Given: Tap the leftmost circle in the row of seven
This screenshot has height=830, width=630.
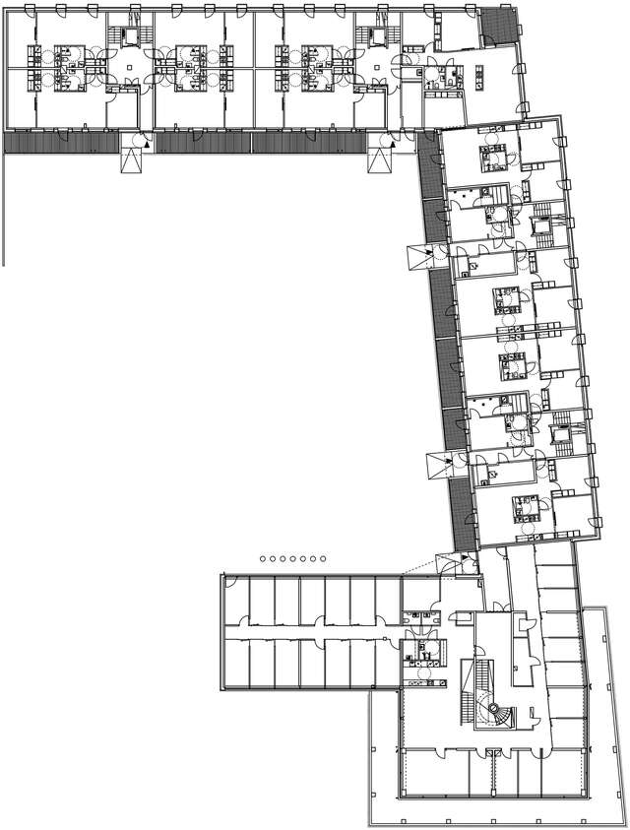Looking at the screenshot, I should click(263, 558).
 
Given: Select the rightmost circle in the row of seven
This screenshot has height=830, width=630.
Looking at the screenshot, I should click(323, 558).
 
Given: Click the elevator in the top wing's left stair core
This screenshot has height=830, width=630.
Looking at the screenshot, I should click(129, 36).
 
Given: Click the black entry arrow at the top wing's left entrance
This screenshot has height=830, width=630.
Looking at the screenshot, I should click(145, 144).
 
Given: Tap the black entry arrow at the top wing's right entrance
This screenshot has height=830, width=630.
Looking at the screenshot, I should click(393, 144).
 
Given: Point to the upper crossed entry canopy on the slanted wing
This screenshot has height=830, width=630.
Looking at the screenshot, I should click(418, 260).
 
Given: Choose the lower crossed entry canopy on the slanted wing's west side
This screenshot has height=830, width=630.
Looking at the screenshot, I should click(439, 464).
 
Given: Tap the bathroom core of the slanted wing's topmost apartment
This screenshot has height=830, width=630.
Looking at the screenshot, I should click(491, 155).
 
